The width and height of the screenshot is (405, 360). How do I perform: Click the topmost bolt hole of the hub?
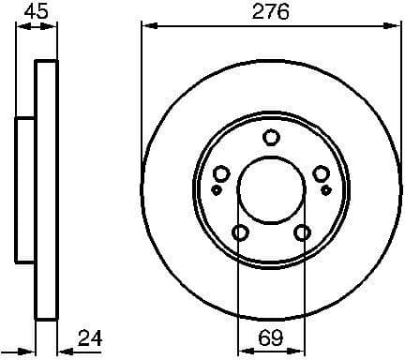click(271, 138)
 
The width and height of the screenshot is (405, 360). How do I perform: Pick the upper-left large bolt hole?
click(221, 173)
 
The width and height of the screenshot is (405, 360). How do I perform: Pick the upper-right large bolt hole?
click(321, 173)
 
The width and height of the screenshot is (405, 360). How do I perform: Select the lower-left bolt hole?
click(240, 233)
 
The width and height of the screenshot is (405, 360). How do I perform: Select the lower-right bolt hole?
click(302, 233)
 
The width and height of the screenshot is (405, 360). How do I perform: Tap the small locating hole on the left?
click(217, 189)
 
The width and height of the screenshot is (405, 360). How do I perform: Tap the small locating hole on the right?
click(325, 189)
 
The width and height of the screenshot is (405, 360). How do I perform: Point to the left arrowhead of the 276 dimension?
click(144, 27)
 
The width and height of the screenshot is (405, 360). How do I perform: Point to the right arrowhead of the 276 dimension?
click(397, 27)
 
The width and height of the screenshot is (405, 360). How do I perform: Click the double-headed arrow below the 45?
click(36, 27)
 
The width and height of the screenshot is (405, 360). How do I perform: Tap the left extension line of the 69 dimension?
click(239, 291)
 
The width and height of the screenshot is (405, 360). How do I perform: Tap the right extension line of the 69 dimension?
click(303, 291)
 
